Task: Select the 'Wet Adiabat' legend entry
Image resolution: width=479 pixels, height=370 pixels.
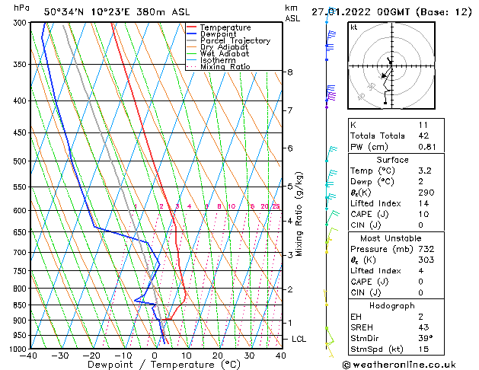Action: click(x=224, y=53)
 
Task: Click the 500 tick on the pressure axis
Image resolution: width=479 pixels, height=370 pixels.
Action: click(x=19, y=161)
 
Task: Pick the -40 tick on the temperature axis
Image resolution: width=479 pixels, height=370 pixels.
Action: click(x=30, y=356)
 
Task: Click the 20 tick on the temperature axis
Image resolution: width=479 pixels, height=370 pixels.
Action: click(x=217, y=356)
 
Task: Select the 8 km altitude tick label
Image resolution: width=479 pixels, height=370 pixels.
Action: click(x=290, y=72)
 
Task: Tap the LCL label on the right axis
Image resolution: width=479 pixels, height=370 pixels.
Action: click(x=299, y=339)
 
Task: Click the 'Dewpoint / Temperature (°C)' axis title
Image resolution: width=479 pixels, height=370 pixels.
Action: click(x=154, y=365)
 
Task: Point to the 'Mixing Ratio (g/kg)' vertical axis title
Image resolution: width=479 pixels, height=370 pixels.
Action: click(x=300, y=213)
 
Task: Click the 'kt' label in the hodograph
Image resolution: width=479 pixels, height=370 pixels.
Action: click(x=354, y=27)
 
